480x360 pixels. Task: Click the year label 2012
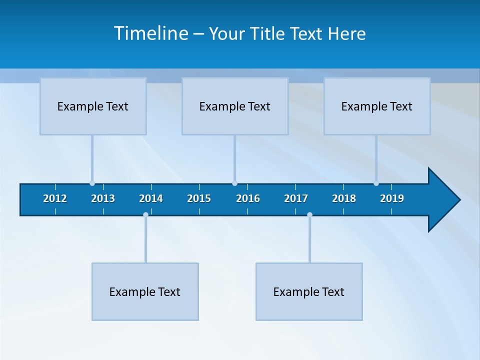[55, 198]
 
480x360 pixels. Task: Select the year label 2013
[103, 198]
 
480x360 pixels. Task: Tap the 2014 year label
[151, 198]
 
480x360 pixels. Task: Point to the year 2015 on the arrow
[199, 198]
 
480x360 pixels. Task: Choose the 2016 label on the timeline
[248, 198]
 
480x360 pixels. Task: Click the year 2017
[296, 198]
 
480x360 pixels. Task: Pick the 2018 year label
[344, 198]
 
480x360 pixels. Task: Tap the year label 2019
[392, 198]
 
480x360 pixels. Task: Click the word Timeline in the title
[150, 33]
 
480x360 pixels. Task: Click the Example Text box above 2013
[93, 106]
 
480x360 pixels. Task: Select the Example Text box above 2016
[235, 106]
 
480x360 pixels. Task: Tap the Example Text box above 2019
[377, 106]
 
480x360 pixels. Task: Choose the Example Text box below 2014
[145, 291]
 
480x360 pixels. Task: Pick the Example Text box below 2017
[309, 291]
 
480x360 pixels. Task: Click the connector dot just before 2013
[92, 183]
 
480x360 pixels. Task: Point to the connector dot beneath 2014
[145, 215]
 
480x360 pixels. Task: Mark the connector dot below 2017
[309, 215]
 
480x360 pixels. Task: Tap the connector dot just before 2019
[376, 183]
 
